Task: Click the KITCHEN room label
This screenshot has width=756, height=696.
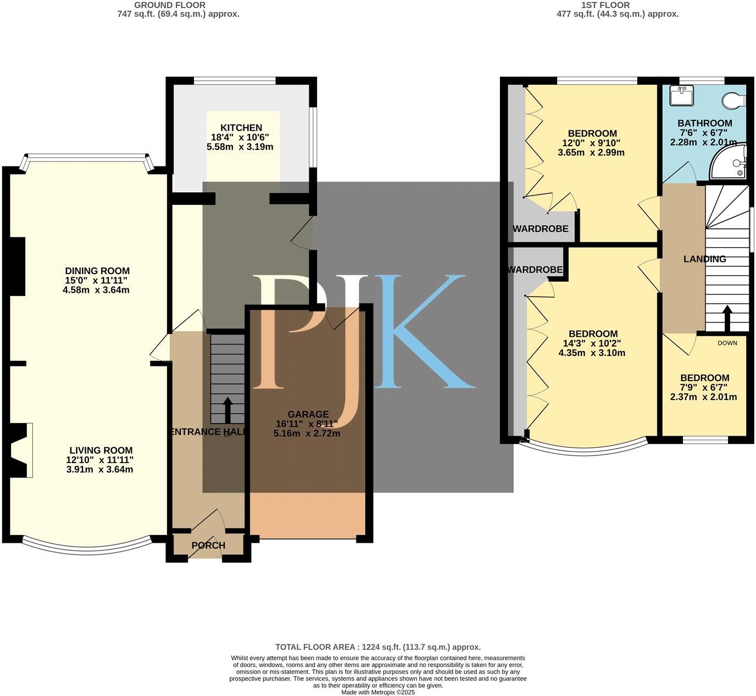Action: coord(242,128)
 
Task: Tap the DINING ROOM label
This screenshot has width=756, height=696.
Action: coord(97,271)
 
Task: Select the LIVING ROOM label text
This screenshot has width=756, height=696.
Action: coord(99,450)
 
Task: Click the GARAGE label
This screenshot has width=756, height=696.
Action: coord(308,414)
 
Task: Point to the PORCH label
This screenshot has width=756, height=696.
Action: coord(208,545)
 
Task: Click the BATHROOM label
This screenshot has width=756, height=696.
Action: coord(704,123)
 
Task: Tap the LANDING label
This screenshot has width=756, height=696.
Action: coord(704,259)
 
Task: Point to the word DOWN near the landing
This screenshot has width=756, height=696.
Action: coord(727,343)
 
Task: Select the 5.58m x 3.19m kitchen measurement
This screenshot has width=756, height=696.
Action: coord(242,147)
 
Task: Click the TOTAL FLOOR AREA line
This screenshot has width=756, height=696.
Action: coord(377,647)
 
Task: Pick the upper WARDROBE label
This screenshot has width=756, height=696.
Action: coord(540,229)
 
